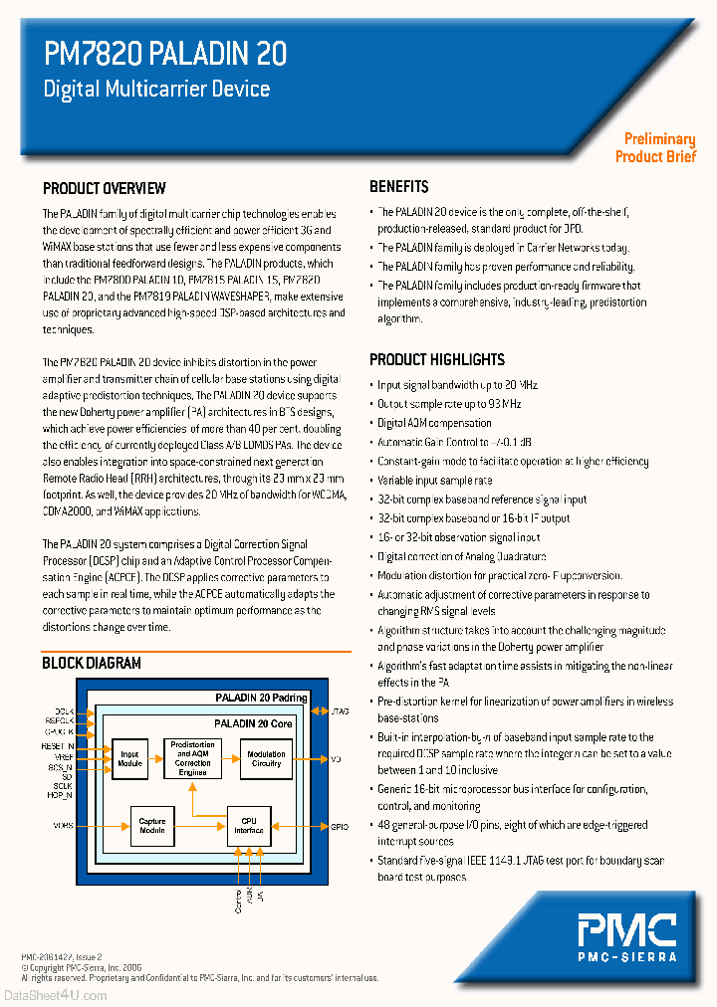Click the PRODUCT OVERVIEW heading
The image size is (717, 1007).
click(x=104, y=188)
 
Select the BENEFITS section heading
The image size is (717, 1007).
click(x=398, y=186)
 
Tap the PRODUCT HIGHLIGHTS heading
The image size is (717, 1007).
click(x=436, y=359)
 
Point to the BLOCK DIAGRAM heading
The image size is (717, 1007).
click(x=91, y=663)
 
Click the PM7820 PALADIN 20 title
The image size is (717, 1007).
click(x=165, y=54)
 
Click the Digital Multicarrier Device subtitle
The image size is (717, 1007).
click(x=156, y=89)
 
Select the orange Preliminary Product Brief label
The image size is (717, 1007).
click(x=656, y=147)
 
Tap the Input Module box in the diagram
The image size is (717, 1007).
click(x=129, y=758)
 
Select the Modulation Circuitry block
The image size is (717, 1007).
click(x=266, y=758)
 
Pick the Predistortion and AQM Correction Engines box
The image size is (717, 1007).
click(x=192, y=758)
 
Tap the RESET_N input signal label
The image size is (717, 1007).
click(x=58, y=745)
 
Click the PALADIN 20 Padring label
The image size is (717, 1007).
click(x=261, y=698)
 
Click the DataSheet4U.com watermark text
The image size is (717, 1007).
click(x=55, y=995)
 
